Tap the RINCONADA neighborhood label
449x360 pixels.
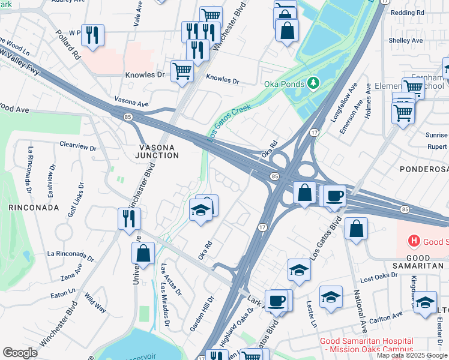[x=34, y=208]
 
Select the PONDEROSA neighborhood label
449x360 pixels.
[x=424, y=170]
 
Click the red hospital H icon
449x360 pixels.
[x=413, y=242]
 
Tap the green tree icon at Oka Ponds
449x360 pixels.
[x=312, y=82]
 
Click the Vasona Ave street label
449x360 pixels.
[x=131, y=103]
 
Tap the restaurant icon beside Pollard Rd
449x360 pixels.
[x=92, y=35]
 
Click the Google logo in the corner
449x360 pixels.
[x=20, y=353]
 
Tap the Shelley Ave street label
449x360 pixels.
[x=406, y=40]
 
